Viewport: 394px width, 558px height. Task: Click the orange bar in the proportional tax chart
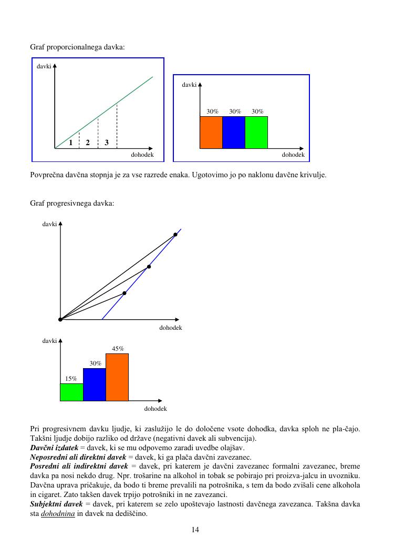(x=211, y=132)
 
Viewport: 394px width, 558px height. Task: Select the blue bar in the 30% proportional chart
(x=234, y=132)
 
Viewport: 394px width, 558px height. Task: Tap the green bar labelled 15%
(x=71, y=392)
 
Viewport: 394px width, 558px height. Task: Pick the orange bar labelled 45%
(x=117, y=377)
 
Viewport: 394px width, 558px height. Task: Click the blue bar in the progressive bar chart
(x=95, y=384)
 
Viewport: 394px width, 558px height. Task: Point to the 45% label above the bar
(x=118, y=348)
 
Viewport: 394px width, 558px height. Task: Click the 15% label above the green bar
(x=71, y=378)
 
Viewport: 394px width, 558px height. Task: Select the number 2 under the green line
(x=88, y=143)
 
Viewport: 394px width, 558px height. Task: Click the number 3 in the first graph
(x=107, y=143)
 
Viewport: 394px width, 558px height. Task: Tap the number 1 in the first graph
(x=70, y=143)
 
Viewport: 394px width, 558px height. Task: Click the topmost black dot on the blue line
(x=175, y=235)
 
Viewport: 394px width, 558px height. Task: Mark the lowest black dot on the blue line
(x=125, y=293)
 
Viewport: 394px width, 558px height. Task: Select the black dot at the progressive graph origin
(x=60, y=319)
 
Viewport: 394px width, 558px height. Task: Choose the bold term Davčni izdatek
(x=53, y=448)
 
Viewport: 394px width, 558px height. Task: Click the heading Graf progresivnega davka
(x=72, y=203)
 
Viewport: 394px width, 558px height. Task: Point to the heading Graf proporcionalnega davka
(x=77, y=47)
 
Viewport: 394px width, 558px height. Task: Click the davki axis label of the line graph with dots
(x=49, y=225)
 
